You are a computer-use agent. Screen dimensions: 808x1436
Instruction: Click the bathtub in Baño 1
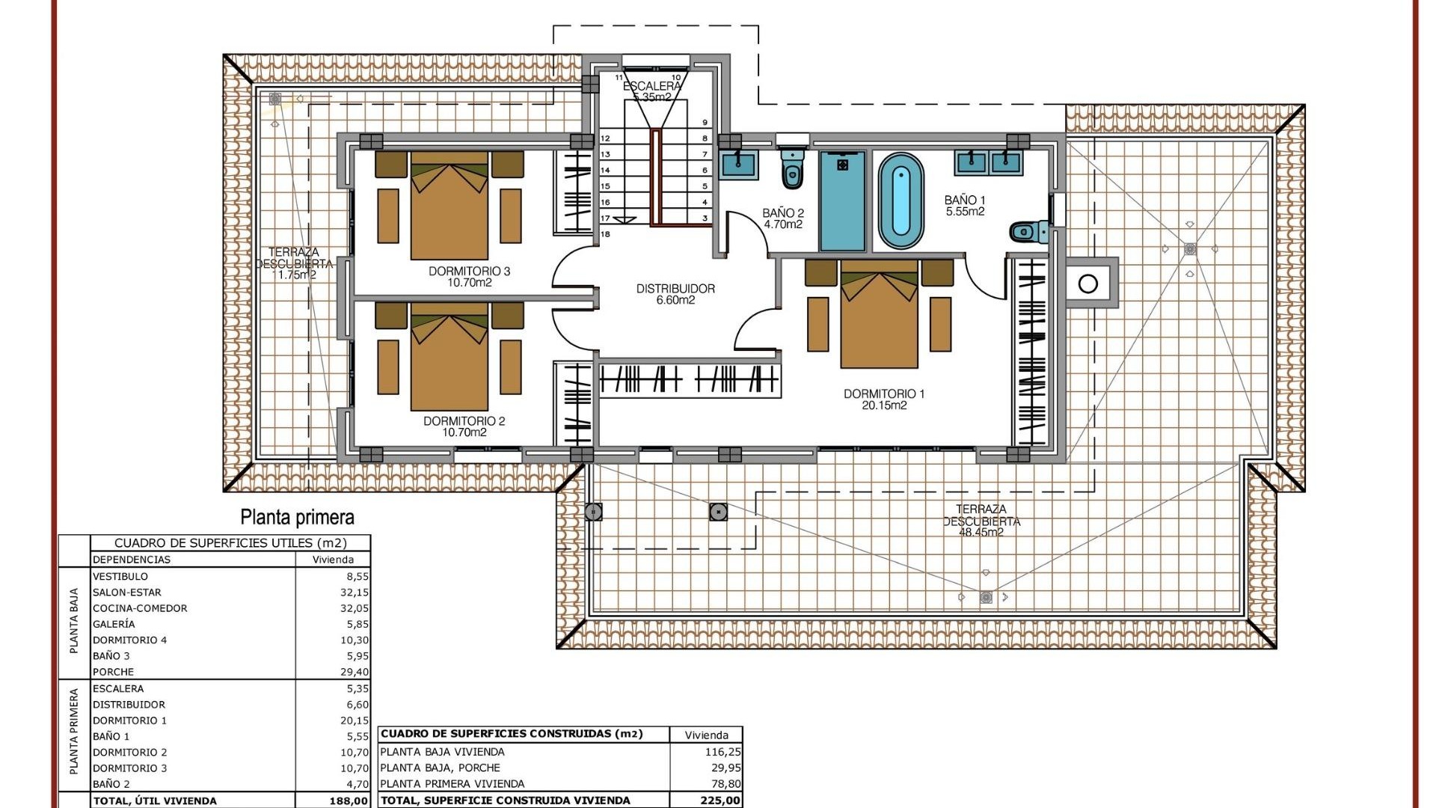click(900, 201)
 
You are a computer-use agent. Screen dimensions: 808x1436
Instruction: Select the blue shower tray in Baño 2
click(842, 201)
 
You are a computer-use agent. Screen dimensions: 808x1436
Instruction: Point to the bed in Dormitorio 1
click(879, 318)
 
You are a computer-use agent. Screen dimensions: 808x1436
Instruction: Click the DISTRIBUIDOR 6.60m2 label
click(675, 294)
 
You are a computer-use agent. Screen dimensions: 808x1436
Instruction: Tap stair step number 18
click(605, 234)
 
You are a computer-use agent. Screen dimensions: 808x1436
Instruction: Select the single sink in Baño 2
click(739, 163)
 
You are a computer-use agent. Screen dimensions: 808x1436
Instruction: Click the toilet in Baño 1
click(1031, 232)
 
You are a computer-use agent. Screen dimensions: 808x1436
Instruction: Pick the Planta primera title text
click(297, 517)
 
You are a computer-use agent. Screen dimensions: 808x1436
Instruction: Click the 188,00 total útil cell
click(349, 801)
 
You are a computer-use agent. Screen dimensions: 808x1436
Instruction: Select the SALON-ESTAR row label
click(126, 592)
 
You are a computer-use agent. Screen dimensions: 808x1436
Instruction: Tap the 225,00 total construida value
click(722, 801)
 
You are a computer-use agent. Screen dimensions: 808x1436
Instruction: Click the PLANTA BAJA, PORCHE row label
click(440, 768)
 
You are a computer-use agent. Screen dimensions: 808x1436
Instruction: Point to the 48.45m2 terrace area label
click(981, 533)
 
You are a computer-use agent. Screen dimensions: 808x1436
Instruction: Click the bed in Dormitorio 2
click(449, 361)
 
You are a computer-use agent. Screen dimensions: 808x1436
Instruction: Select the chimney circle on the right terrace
click(1088, 284)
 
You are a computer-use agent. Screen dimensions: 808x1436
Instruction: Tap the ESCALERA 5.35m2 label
click(652, 91)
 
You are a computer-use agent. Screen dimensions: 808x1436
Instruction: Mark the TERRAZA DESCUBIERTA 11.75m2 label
click(294, 263)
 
